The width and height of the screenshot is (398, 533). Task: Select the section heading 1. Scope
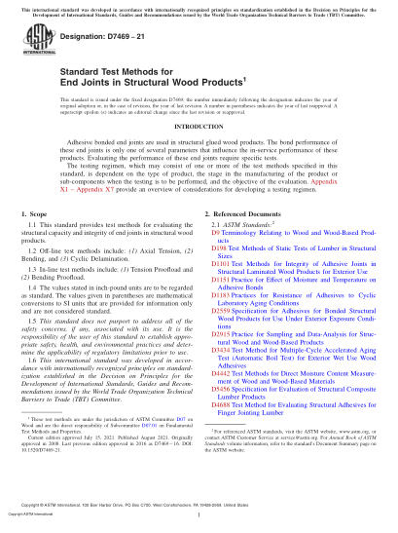(35, 237)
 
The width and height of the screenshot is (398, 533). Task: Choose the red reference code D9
(215, 261)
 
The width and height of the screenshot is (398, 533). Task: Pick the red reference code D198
(218, 276)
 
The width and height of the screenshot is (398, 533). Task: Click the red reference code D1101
(221, 290)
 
